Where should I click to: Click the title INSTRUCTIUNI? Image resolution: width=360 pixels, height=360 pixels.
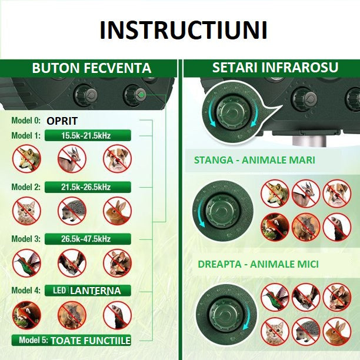[x=183, y=30]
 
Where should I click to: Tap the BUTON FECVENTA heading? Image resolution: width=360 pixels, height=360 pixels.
[x=91, y=68]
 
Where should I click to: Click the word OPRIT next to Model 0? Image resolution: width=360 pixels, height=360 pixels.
[x=62, y=121]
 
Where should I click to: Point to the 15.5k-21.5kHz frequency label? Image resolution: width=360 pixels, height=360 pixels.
[x=86, y=135]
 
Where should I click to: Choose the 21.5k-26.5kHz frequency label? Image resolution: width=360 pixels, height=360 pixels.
[x=86, y=187]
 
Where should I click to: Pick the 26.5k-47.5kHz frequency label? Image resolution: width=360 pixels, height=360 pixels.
[x=86, y=239]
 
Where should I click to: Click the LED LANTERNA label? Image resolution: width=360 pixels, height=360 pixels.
[x=86, y=291]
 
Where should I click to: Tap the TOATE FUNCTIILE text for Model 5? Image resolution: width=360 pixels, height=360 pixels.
[x=90, y=341]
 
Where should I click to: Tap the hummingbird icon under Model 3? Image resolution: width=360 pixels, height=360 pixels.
[x=27, y=262]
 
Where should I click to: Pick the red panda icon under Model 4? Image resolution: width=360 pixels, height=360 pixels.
[x=27, y=315]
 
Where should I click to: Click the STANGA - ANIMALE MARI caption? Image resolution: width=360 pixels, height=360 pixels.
[x=255, y=160]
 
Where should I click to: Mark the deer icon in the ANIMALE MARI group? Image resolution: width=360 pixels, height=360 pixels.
[x=306, y=193]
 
